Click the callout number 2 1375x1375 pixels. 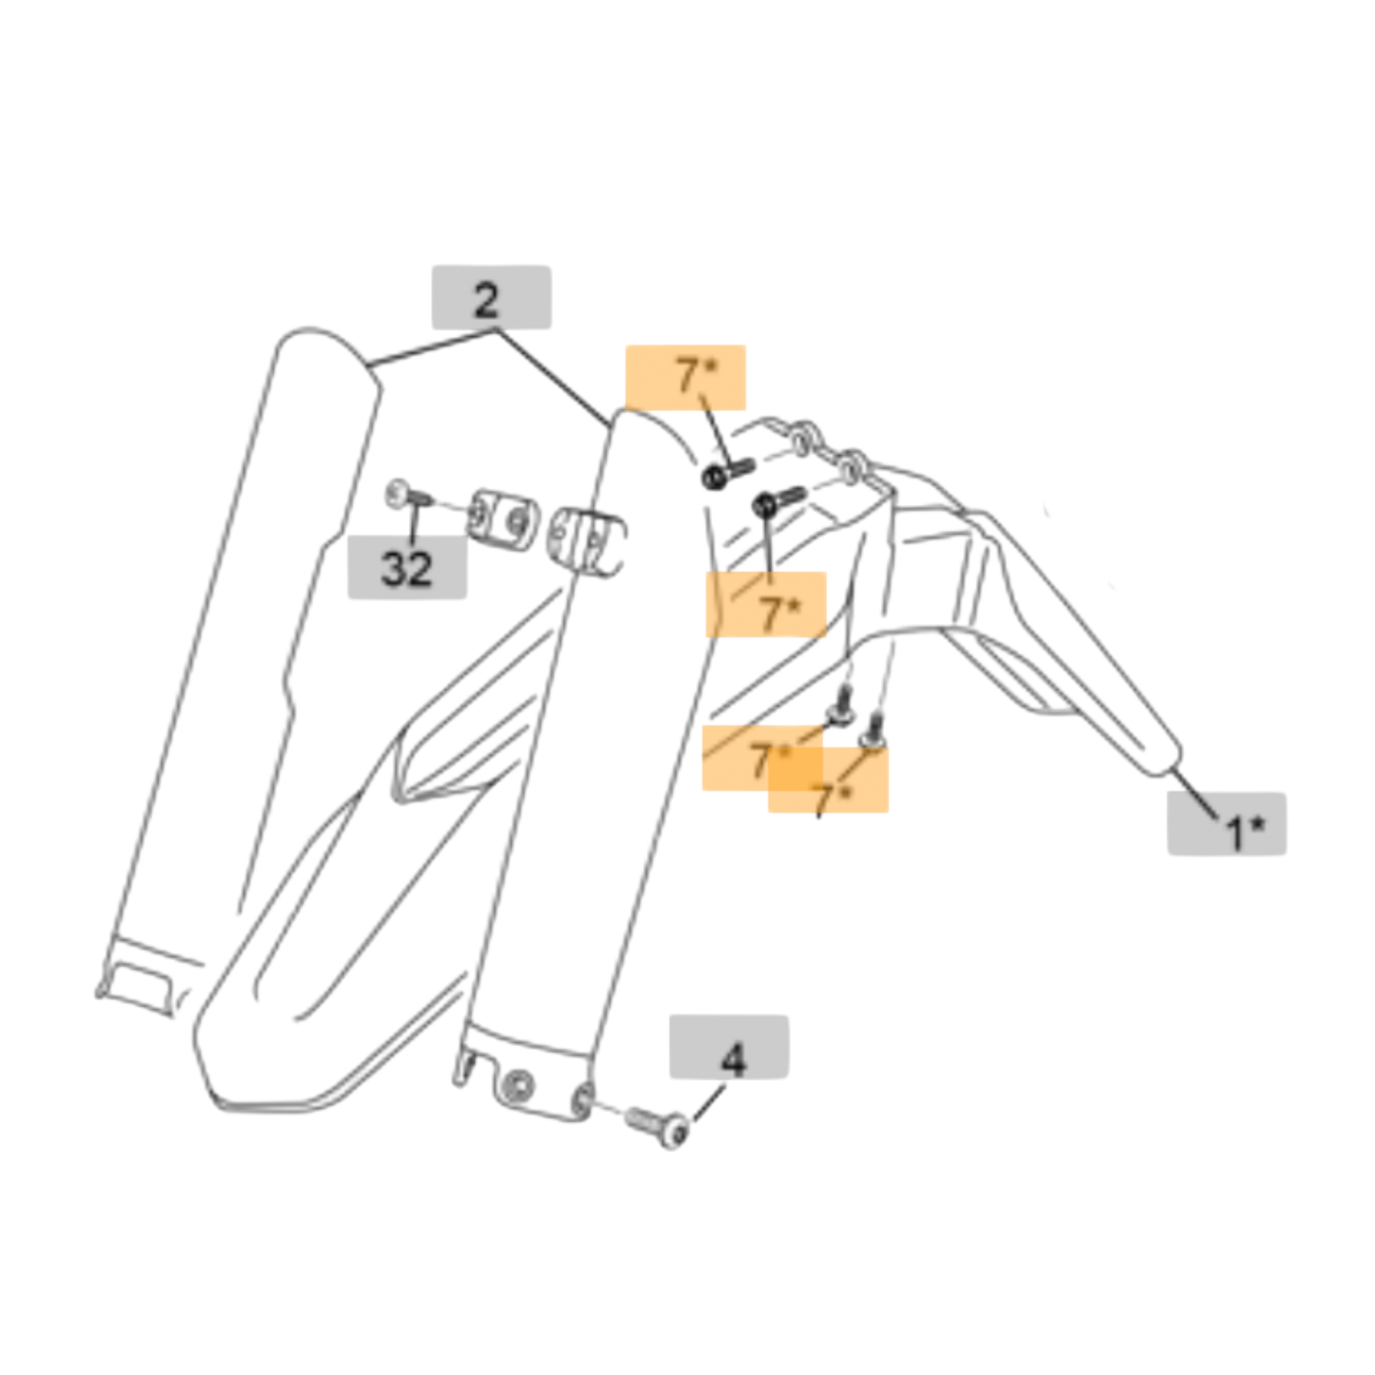(x=486, y=301)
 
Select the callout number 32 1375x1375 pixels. (x=406, y=569)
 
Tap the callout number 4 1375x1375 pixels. (x=733, y=1061)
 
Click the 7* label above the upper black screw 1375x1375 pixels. (x=697, y=376)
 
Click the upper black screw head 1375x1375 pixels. (x=714, y=477)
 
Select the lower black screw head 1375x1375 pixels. (x=764, y=505)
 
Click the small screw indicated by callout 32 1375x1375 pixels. (x=408, y=495)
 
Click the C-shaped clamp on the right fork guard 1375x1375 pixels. (x=586, y=543)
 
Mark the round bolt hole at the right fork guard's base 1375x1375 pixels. (x=517, y=1087)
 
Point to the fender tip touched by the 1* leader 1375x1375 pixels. (x=1168, y=764)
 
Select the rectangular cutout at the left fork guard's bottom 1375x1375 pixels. (x=141, y=986)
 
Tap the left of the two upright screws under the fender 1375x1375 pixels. (x=840, y=706)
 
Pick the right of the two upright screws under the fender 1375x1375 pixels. (x=874, y=731)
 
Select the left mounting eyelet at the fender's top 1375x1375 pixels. (x=802, y=438)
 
